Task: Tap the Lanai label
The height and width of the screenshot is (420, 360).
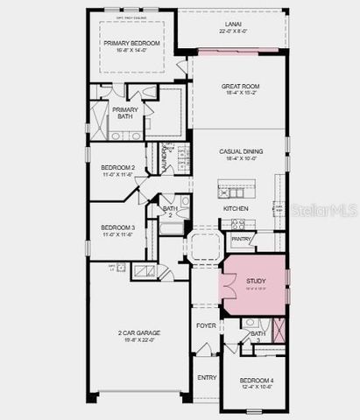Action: coord(231,25)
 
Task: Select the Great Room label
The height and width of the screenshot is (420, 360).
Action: coord(237,86)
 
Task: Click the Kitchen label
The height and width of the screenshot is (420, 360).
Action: coord(234,209)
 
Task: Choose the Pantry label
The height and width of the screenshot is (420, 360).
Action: coord(241,238)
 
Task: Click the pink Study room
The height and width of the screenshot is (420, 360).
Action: coord(254,284)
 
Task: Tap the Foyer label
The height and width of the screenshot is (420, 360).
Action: coord(206,325)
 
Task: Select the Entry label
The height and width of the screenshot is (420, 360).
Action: coord(207,377)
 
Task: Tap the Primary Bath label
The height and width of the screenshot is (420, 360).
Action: coord(124,113)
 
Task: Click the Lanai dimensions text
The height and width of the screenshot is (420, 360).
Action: coord(231,31)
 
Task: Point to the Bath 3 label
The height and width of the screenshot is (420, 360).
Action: coord(258,336)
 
